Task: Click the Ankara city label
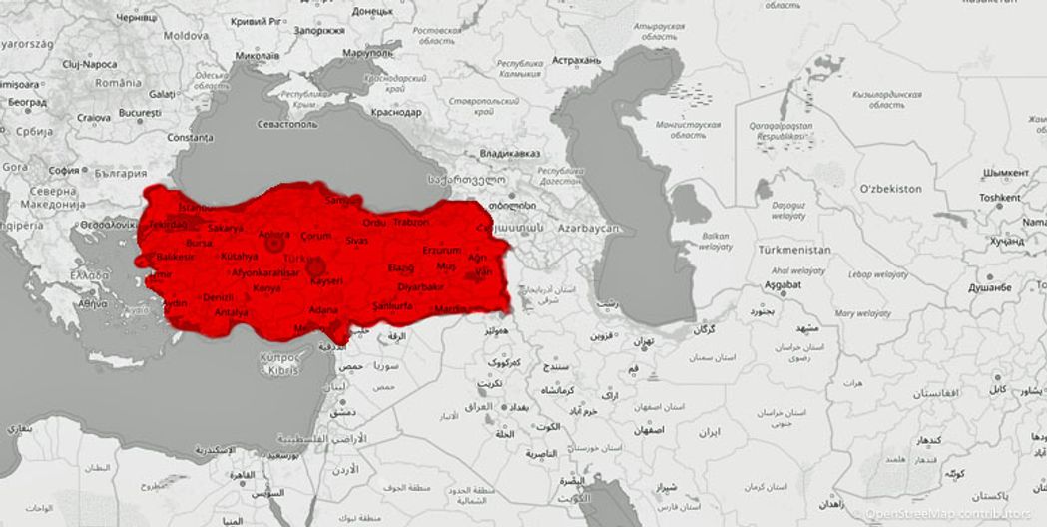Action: [x=273, y=235]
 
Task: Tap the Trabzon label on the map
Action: [x=410, y=222]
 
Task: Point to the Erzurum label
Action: [x=441, y=250]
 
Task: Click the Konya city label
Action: [x=266, y=288]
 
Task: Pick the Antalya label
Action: [x=231, y=312]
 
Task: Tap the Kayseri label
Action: [x=326, y=281]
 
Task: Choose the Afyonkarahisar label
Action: [x=265, y=272]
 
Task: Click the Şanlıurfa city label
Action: [x=391, y=305]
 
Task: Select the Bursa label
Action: [x=200, y=243]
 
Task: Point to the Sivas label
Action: [x=357, y=241]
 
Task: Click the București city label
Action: [x=140, y=114]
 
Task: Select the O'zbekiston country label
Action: [x=892, y=188]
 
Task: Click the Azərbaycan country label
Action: [x=589, y=229]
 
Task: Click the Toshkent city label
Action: [x=999, y=198]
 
